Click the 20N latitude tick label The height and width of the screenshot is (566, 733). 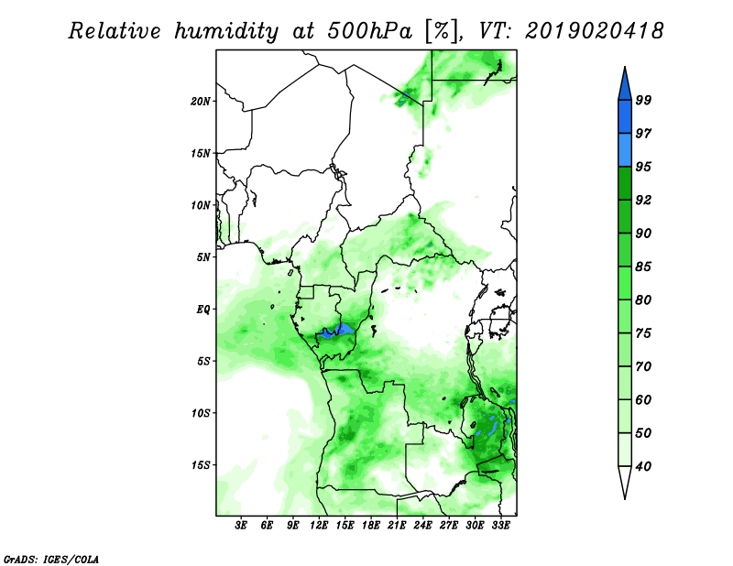(201, 101)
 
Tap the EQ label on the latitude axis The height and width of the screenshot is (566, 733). (202, 310)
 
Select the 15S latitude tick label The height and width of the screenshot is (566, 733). (201, 465)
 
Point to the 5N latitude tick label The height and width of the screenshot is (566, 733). (203, 257)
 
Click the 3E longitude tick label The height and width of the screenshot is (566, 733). (241, 526)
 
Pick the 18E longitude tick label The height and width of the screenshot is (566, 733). (371, 526)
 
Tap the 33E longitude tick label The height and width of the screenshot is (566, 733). (500, 526)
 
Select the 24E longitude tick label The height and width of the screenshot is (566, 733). (422, 526)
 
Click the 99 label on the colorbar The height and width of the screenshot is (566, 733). (643, 100)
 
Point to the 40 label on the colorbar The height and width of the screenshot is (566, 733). (643, 466)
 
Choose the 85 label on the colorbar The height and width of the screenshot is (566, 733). (643, 267)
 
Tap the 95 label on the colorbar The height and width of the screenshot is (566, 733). (643, 167)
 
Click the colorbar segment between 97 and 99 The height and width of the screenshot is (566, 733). (625, 117)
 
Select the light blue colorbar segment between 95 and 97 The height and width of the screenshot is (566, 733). (625, 150)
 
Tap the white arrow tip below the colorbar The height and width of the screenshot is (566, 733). (625, 497)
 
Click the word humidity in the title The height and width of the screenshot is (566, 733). (226, 31)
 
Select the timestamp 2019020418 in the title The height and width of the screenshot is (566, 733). (594, 31)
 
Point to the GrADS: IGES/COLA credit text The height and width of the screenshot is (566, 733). (51, 559)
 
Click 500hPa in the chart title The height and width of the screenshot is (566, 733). (369, 31)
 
